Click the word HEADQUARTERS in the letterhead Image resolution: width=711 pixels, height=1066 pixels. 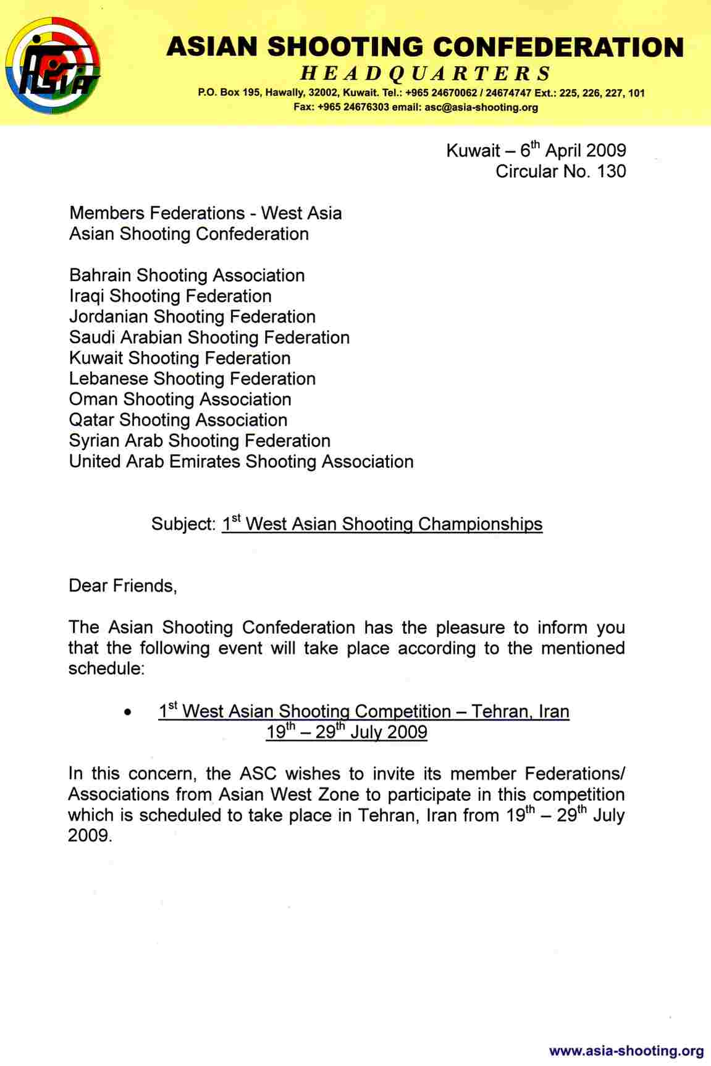[x=426, y=74]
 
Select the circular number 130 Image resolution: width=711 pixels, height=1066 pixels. [x=612, y=171]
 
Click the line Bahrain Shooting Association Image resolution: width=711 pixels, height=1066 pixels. [x=187, y=276]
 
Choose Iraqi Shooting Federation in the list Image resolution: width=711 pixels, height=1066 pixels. [x=170, y=296]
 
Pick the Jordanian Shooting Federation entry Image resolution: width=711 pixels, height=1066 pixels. [x=192, y=317]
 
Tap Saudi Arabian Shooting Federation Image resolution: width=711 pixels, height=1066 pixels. [x=209, y=337]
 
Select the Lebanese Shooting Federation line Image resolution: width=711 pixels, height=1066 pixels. [x=192, y=379]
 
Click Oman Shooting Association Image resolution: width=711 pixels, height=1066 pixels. [x=180, y=399]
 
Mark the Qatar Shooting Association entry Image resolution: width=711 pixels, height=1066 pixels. [x=178, y=420]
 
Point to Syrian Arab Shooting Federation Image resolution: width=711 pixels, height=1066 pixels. [x=200, y=441]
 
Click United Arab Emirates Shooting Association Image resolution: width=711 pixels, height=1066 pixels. [x=241, y=462]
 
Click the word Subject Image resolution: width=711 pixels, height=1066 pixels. [x=182, y=524]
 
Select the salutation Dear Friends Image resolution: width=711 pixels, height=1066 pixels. [x=123, y=586]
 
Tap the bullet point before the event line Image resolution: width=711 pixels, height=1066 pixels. [x=127, y=713]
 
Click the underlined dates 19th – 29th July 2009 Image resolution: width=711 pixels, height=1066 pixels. [x=347, y=732]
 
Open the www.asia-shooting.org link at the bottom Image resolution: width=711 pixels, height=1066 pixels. [x=626, y=1051]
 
